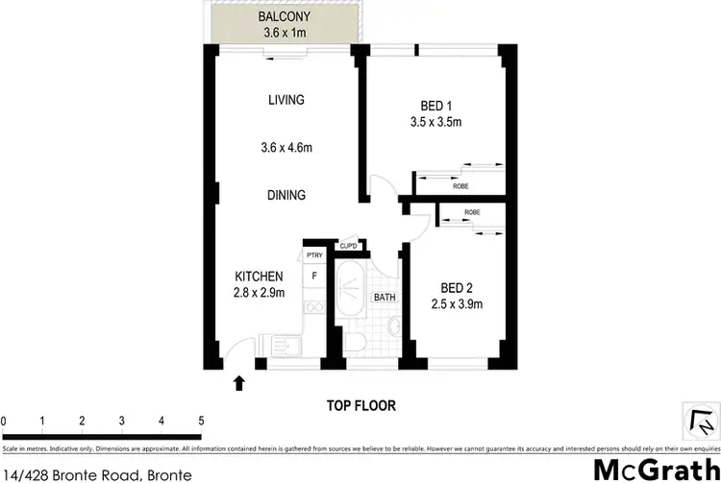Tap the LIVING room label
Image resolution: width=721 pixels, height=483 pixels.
click(x=286, y=100)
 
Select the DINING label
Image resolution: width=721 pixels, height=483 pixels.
click(x=286, y=195)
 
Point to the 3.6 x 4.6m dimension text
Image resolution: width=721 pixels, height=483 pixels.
click(x=286, y=148)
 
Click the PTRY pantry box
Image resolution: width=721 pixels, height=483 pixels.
click(x=313, y=255)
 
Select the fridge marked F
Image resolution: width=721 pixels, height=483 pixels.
click(x=313, y=278)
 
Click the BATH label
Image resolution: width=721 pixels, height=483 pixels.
click(x=385, y=298)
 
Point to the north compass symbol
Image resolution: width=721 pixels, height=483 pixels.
click(x=700, y=421)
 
